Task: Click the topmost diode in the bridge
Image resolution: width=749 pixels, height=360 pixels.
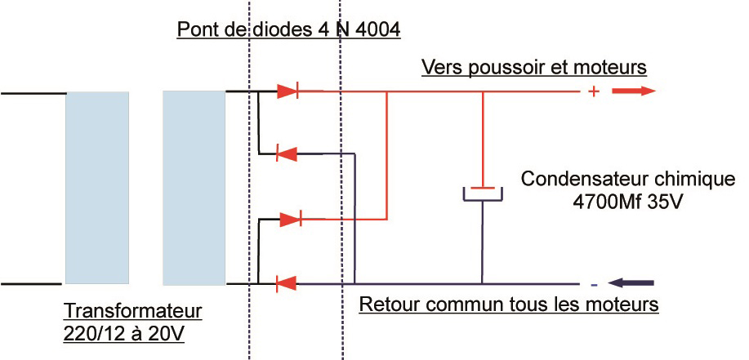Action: (288, 91)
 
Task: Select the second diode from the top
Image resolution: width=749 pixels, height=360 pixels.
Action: (286, 153)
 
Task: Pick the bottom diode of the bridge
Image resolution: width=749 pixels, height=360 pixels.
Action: (286, 284)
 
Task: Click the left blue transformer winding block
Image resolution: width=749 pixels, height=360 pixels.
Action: (97, 188)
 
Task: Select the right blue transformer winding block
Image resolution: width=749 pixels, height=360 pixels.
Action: (194, 188)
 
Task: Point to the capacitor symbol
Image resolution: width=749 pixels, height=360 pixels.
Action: (484, 193)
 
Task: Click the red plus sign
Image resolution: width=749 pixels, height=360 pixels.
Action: (594, 92)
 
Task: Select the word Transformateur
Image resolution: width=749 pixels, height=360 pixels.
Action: (132, 312)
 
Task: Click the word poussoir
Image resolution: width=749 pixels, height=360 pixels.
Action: (500, 66)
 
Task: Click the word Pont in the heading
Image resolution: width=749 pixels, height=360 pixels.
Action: (194, 31)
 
